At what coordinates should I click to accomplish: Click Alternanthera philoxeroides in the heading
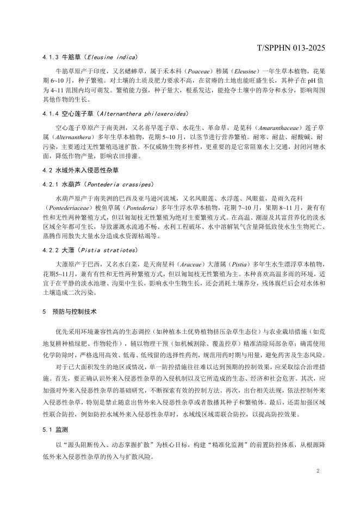(142, 114)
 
